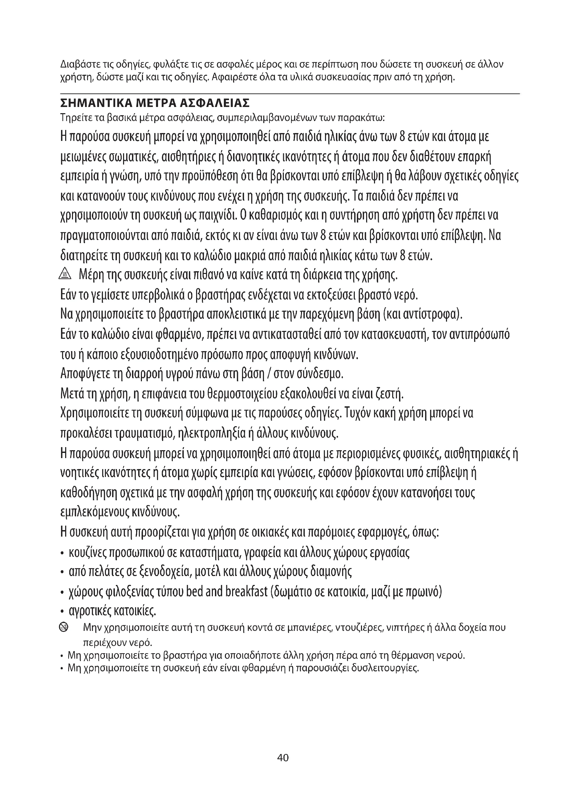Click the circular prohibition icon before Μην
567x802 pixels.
click(64, 628)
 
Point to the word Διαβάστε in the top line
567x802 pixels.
click(77, 64)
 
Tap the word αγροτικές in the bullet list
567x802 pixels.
click(90, 611)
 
